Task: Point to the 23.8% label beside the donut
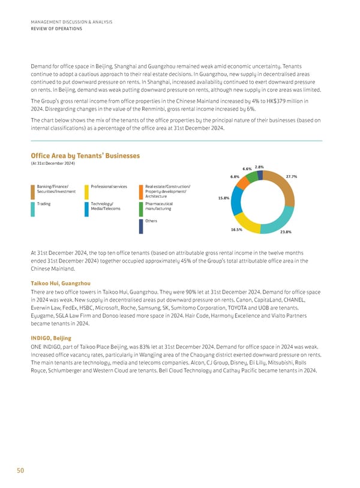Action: click(286, 232)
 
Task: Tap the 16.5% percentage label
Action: click(236, 230)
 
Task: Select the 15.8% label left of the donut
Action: click(223, 198)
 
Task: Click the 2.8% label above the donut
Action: click(259, 167)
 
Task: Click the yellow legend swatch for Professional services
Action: click(87, 192)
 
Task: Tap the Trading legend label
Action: click(44, 204)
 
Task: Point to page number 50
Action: click(20, 471)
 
